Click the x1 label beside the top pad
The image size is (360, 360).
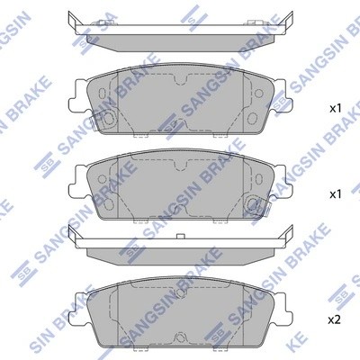coord(335,108)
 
